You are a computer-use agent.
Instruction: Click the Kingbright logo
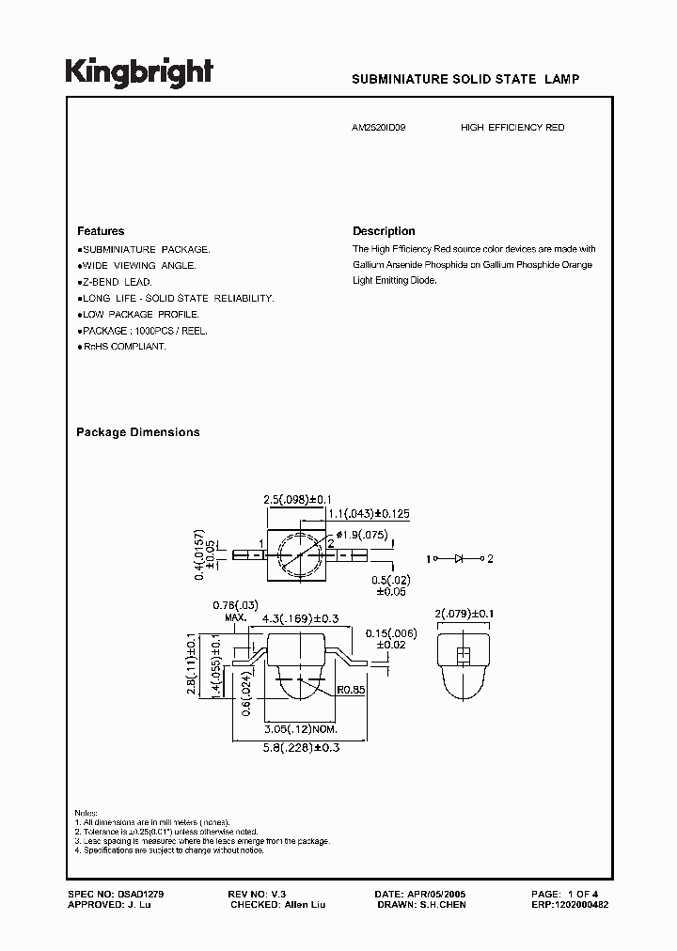tap(139, 73)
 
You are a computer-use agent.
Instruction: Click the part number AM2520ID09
tap(380, 127)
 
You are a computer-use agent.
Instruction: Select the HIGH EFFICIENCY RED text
tap(512, 127)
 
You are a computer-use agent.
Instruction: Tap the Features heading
tap(101, 231)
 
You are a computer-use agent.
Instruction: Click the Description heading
tap(384, 231)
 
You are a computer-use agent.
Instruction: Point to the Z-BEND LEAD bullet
tap(115, 282)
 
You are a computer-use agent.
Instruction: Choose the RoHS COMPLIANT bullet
tap(122, 347)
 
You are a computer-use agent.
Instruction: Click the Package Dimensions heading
tap(137, 432)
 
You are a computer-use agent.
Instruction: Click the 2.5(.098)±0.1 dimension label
tap(298, 499)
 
